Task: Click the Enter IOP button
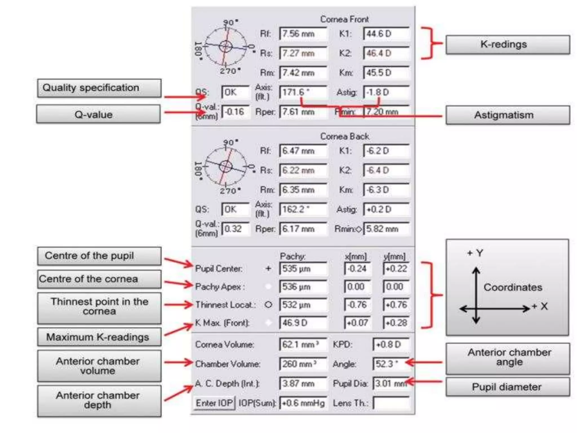point(214,403)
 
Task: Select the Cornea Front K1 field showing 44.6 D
point(386,34)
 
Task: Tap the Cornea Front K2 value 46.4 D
point(386,53)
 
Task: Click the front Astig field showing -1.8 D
point(386,92)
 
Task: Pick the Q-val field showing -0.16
point(236,112)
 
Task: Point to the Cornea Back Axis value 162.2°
point(303,209)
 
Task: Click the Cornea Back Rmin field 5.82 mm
point(386,229)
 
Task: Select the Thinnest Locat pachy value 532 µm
point(303,305)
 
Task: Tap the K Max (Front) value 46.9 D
point(303,323)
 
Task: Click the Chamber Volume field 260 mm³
point(303,364)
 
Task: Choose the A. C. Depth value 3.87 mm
point(303,383)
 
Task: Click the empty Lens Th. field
point(391,403)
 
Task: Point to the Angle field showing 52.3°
point(390,364)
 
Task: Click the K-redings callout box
point(507,45)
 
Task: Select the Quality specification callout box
point(99,88)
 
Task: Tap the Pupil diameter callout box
point(507,387)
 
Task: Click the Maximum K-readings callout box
point(99,337)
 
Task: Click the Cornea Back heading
point(345,136)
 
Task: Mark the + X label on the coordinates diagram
point(540,306)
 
